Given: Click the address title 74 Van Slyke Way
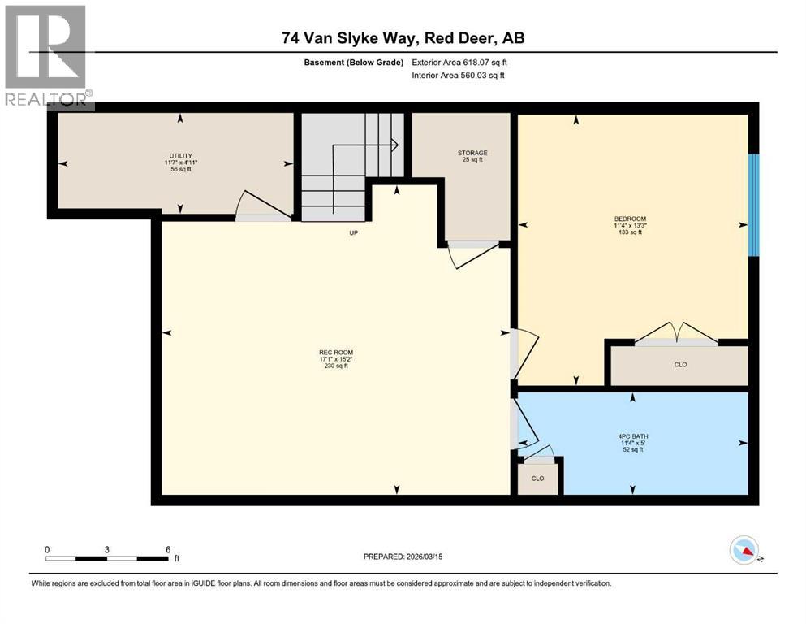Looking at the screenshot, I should point(403,38).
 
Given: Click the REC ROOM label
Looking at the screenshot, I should point(335,358).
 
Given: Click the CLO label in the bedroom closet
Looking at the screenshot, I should point(680,365).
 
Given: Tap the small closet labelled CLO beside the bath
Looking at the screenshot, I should point(537,479).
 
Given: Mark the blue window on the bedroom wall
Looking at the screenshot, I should point(753,205).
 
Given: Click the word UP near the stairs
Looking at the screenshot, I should point(353,232).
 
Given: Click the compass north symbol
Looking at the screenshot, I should point(744,552).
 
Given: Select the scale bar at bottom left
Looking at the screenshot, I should point(106,557).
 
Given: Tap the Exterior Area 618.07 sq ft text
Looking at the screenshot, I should point(459,62).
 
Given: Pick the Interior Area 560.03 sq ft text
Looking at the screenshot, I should point(458,76).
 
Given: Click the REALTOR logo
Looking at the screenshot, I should point(46,55).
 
